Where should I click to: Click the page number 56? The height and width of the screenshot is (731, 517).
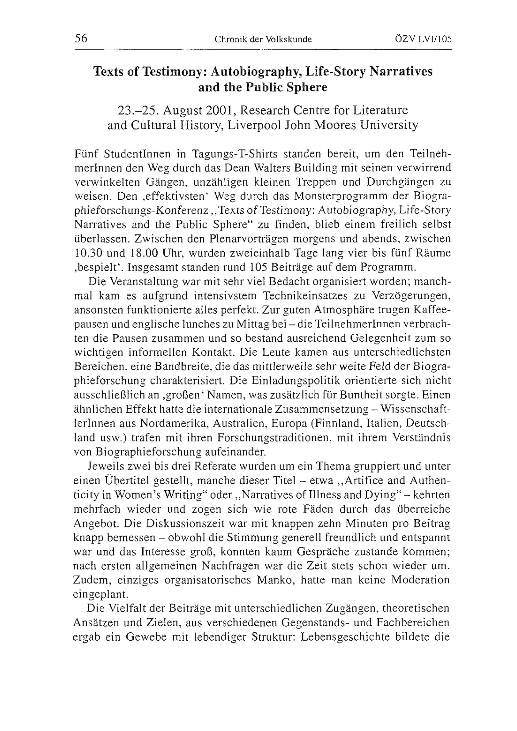coord(81,38)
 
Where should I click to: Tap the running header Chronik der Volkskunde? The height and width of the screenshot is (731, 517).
coord(263,39)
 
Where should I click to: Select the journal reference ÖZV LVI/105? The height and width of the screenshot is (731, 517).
coord(423,39)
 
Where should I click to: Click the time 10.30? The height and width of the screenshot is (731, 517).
coord(86,253)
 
